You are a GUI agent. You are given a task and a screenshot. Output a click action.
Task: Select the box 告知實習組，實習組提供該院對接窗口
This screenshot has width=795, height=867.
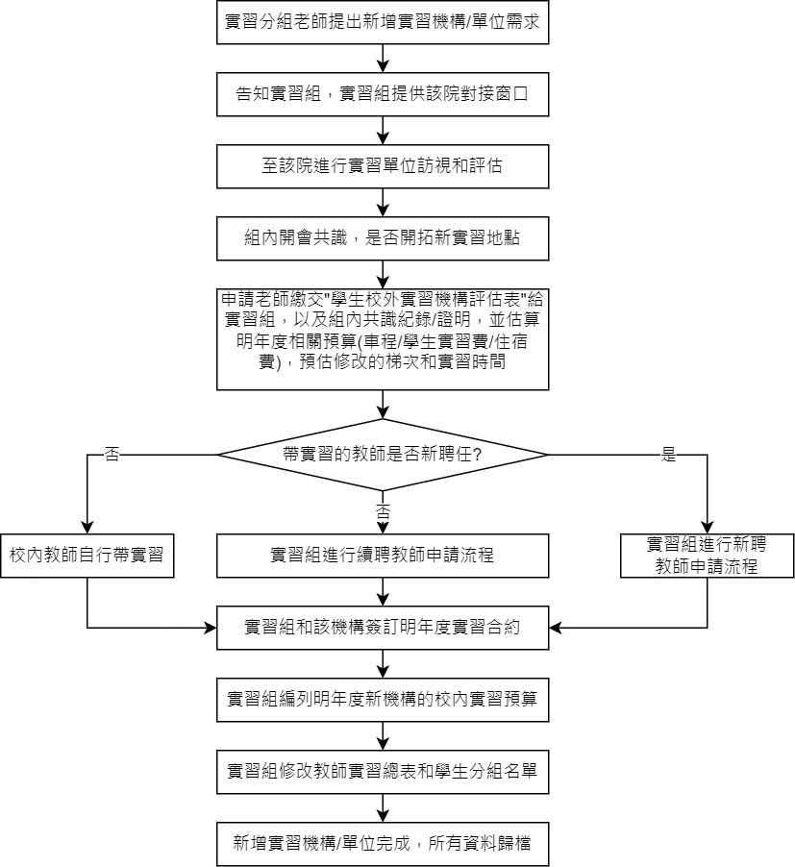[x=384, y=94]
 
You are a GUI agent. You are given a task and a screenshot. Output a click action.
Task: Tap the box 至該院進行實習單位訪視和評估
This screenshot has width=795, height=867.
[x=384, y=166]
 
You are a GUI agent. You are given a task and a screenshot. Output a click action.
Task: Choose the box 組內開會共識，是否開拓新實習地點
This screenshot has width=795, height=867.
[x=384, y=237]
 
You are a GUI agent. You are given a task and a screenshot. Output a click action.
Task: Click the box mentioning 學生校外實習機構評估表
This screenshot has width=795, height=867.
[x=384, y=337]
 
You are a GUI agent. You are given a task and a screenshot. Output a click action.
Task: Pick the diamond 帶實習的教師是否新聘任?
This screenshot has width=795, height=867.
[x=384, y=454]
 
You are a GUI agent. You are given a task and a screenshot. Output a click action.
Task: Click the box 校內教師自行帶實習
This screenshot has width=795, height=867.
[x=87, y=556]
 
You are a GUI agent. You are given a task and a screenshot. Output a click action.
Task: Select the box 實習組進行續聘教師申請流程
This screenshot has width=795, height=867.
[x=384, y=556]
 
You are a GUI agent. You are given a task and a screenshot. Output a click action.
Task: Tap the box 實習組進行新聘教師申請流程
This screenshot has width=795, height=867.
[x=707, y=556]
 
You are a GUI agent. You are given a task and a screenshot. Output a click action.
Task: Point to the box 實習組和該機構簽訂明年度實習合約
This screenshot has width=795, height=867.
[x=384, y=629]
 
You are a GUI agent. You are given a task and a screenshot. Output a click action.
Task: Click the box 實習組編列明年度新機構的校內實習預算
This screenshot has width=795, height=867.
[x=384, y=701]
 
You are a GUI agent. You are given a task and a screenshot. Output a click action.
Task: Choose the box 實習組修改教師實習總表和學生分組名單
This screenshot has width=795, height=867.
[x=384, y=772]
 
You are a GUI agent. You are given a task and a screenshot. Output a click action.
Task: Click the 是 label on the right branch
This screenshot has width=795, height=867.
[x=669, y=456]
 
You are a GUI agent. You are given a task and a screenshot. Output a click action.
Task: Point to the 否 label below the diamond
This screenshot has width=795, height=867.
[x=384, y=509]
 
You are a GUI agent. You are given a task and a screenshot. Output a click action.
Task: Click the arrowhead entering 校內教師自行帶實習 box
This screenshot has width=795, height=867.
[x=87, y=528]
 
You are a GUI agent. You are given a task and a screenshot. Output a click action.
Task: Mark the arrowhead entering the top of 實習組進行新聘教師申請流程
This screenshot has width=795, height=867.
[x=707, y=528]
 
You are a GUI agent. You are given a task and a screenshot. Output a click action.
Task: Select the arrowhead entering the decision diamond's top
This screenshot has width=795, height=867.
[x=384, y=413]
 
